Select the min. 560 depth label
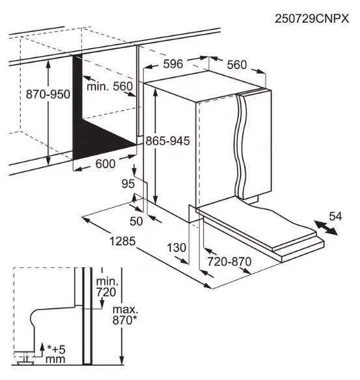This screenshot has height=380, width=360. point(109,87)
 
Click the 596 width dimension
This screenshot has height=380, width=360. point(172,63)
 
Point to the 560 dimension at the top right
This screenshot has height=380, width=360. point(237,64)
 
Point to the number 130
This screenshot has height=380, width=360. point(176,248)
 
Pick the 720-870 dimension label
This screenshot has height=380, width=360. point(228,261)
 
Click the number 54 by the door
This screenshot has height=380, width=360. point(335,216)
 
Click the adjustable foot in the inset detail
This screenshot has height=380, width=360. point(25,357)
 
